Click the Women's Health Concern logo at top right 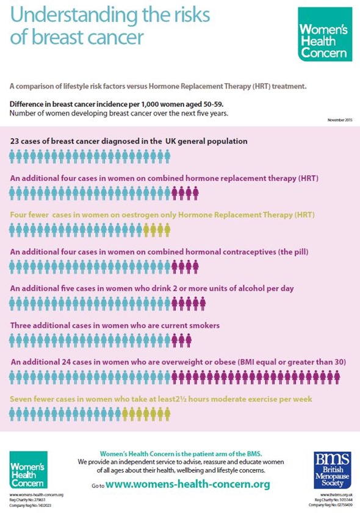(x=325, y=34)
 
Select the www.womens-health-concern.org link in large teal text (x=188, y=484)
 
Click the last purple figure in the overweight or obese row (x=337, y=377)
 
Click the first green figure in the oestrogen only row (x=146, y=230)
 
